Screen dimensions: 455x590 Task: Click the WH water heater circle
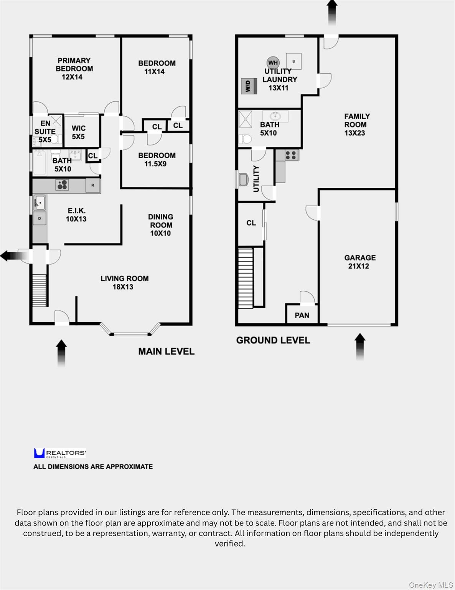pyautogui.click(x=273, y=63)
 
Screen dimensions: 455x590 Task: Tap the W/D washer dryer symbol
pyautogui.click(x=249, y=86)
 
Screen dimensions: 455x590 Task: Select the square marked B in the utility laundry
pyautogui.click(x=293, y=61)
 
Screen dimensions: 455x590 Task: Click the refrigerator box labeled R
pyautogui.click(x=93, y=186)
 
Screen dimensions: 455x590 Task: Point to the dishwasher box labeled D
pyautogui.click(x=40, y=218)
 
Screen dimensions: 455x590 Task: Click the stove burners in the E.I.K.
pyautogui.click(x=62, y=185)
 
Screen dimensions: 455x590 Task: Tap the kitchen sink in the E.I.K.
pyautogui.click(x=40, y=202)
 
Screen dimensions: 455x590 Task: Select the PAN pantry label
pyautogui.click(x=302, y=315)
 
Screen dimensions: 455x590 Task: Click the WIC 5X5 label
pyautogui.click(x=78, y=132)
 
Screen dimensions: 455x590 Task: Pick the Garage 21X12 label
pyautogui.click(x=360, y=262)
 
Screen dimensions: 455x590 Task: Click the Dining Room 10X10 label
pyautogui.click(x=160, y=225)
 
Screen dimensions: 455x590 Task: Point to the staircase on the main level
pyautogui.click(x=40, y=290)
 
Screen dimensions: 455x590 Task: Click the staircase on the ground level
pyautogui.click(x=246, y=278)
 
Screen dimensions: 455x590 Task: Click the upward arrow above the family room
pyautogui.click(x=332, y=13)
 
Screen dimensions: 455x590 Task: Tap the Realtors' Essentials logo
pyautogui.click(x=59, y=453)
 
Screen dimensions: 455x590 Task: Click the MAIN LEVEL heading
pyautogui.click(x=166, y=351)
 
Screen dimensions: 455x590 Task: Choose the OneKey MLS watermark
pyautogui.click(x=431, y=585)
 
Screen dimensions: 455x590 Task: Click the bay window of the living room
pyautogui.click(x=131, y=334)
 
